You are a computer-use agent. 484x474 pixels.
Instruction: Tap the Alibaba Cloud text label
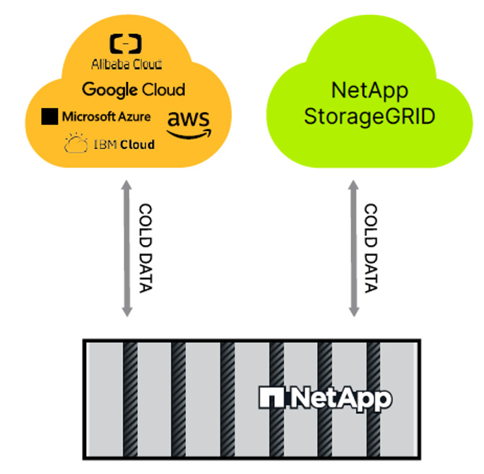click(126, 64)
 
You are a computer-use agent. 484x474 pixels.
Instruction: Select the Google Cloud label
click(134, 90)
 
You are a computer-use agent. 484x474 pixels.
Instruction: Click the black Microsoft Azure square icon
click(49, 117)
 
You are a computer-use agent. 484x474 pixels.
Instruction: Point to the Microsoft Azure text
click(106, 117)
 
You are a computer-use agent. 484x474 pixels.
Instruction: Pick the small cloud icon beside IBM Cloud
click(76, 145)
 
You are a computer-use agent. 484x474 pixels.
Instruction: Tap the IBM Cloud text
click(124, 145)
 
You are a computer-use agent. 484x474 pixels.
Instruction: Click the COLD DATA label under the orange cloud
click(145, 249)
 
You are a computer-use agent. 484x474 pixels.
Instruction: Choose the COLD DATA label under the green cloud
click(370, 249)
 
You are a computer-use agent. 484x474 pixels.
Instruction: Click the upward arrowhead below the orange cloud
click(126, 186)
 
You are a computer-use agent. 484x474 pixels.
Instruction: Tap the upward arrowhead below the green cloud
click(352, 186)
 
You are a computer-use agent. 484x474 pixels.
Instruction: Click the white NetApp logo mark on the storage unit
click(271, 398)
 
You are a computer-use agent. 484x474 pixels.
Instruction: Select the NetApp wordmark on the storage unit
click(339, 398)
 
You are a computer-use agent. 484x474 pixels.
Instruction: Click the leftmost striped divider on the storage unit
click(131, 398)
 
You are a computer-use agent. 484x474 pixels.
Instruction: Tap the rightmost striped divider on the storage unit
click(375, 398)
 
